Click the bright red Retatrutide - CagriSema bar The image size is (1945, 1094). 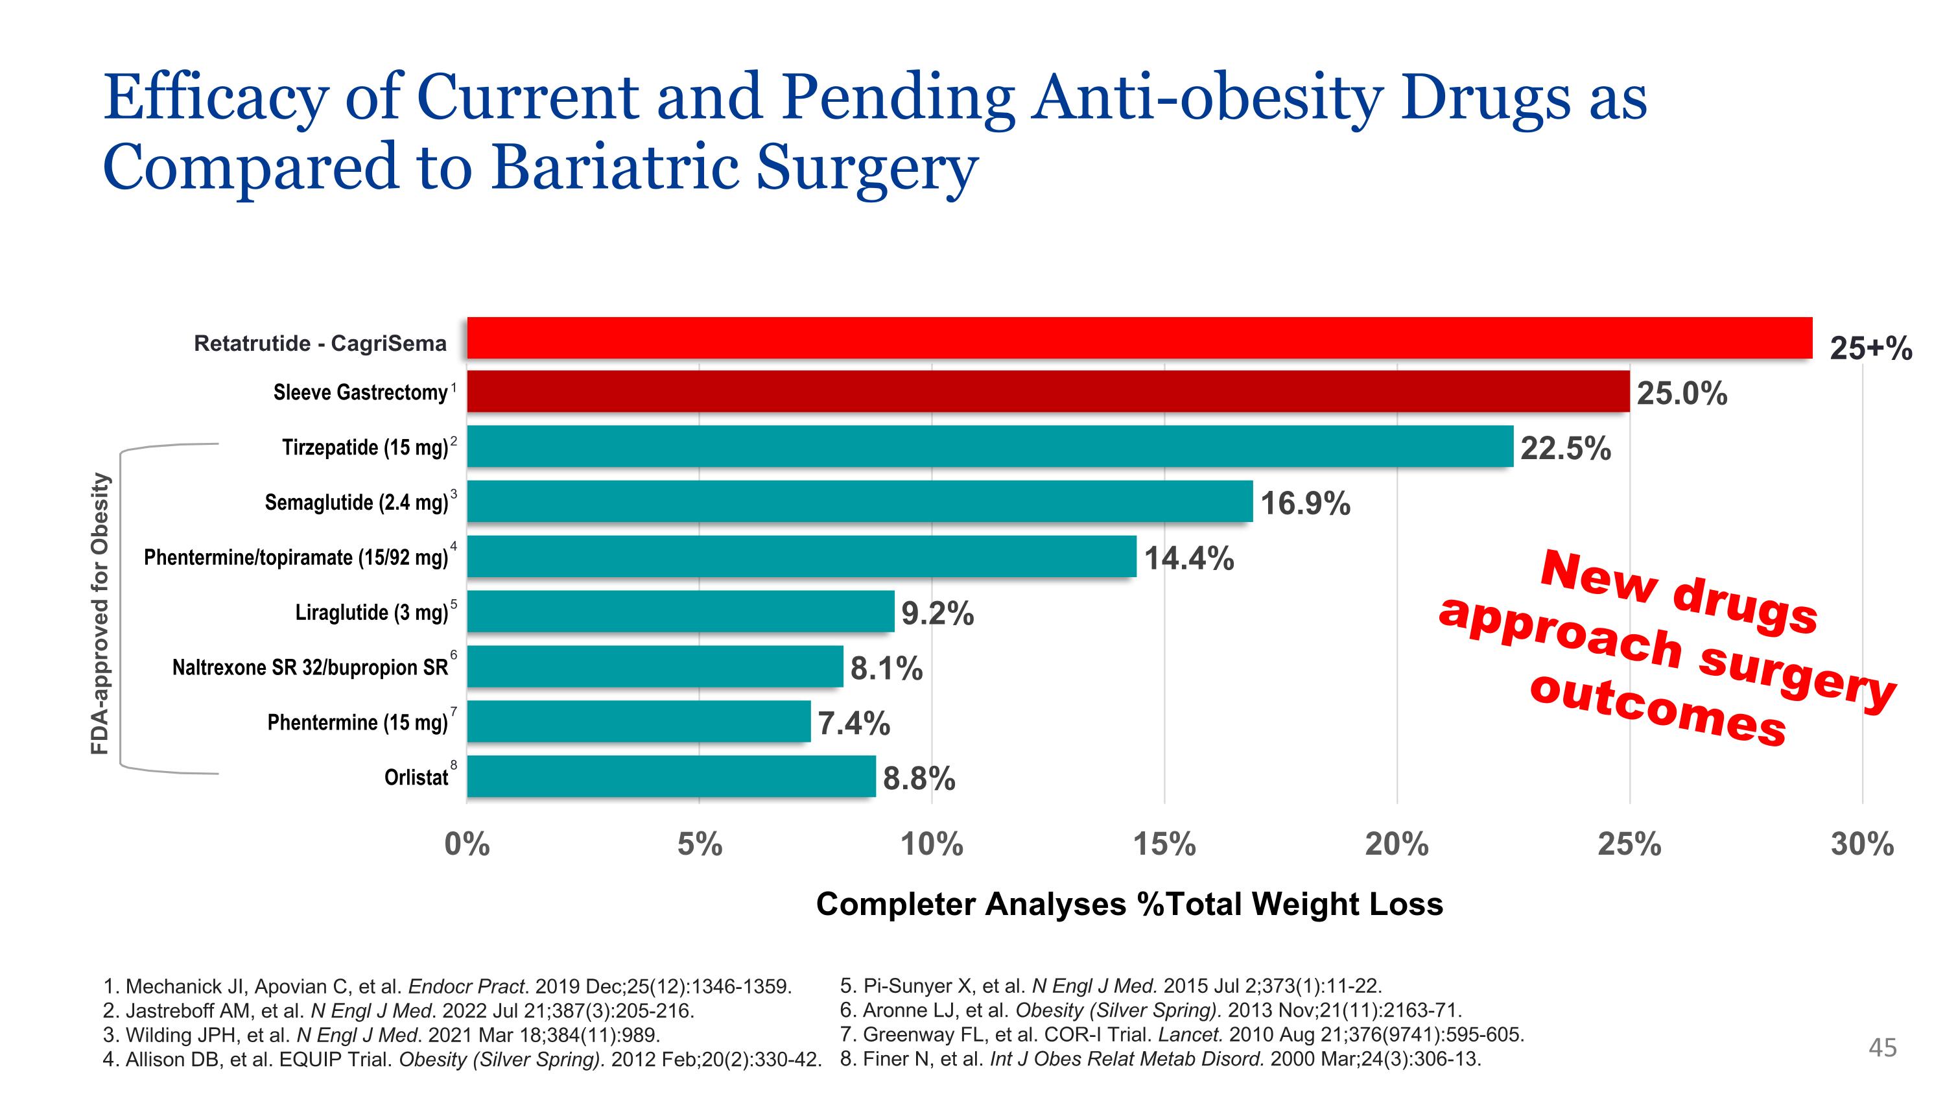point(1139,337)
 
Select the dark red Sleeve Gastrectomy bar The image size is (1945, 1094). point(1048,391)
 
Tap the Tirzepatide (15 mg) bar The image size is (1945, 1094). point(990,446)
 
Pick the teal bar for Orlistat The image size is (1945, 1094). point(671,776)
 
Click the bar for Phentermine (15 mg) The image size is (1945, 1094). point(639,721)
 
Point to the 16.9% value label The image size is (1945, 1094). point(1306,503)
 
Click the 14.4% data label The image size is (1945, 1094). point(1189,558)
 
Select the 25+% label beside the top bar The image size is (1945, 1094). point(1871,348)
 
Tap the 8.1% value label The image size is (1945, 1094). point(886,668)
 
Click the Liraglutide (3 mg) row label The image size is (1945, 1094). point(371,612)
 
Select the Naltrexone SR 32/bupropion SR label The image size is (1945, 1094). point(311,667)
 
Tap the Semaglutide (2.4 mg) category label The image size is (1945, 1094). point(357,502)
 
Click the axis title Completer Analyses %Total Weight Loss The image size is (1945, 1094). point(1129,904)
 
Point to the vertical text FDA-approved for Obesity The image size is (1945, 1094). point(100,613)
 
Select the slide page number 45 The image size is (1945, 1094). point(1882,1047)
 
